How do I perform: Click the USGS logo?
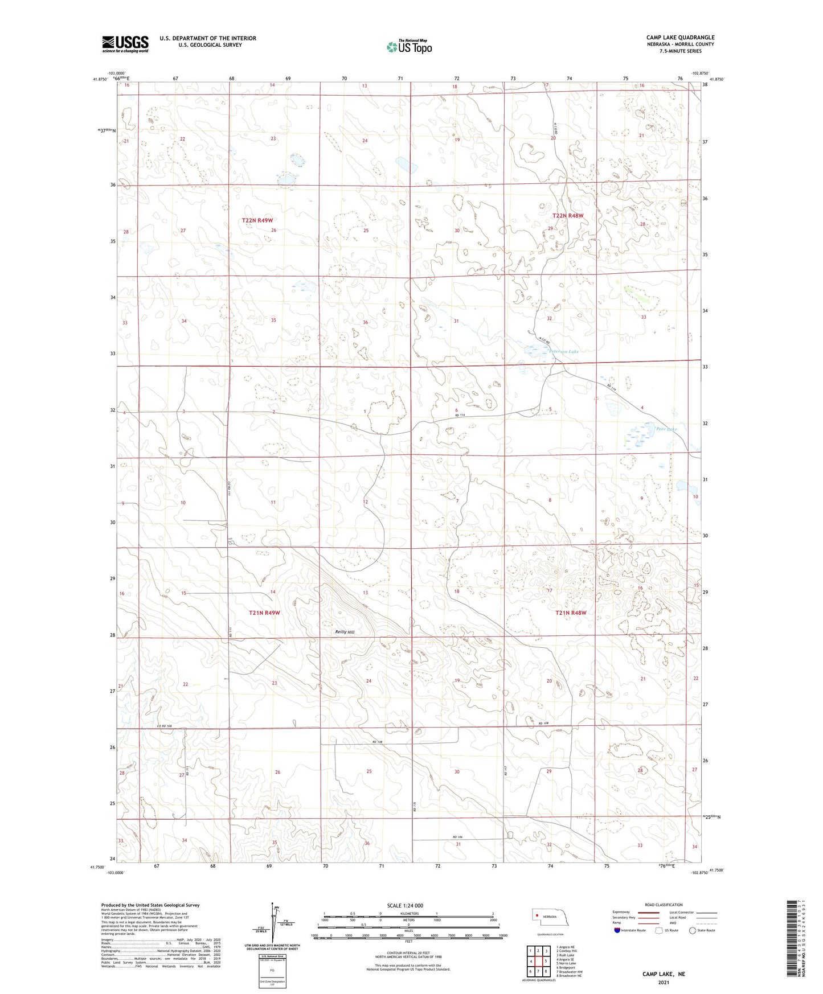click(x=125, y=44)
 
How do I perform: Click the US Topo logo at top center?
click(x=408, y=47)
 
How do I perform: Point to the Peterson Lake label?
click(x=564, y=352)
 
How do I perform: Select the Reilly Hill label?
click(x=345, y=632)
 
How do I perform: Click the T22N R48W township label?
click(x=568, y=216)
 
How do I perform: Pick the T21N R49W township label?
click(x=265, y=613)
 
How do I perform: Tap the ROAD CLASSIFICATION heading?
click(x=664, y=905)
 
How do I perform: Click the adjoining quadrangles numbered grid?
click(x=538, y=962)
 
